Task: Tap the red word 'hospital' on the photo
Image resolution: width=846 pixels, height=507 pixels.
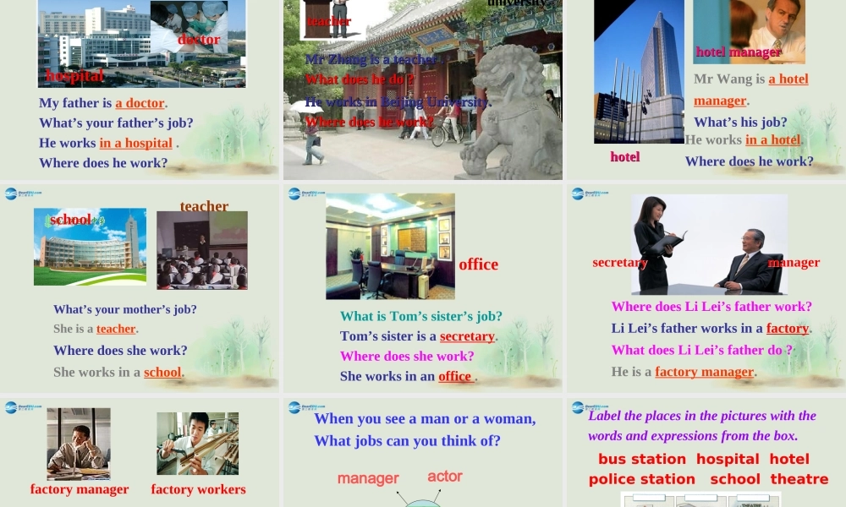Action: point(74,75)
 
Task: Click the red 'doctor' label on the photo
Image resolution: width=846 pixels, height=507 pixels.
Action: point(199,39)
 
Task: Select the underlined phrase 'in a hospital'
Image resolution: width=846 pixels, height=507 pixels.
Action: point(135,143)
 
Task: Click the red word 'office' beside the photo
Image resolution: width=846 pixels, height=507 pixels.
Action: point(479,264)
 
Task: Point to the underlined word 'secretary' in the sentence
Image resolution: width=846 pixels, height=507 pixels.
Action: point(467,335)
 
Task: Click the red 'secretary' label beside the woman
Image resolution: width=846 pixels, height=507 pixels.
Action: point(620,262)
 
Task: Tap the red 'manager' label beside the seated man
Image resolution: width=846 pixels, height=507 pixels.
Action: point(794,262)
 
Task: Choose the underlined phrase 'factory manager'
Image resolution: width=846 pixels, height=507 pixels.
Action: point(704,372)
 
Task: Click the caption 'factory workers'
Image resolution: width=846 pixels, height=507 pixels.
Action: point(198,489)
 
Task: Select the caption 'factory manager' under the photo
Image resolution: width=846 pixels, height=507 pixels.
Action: point(80,489)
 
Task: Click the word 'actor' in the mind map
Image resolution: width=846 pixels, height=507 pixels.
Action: point(445,476)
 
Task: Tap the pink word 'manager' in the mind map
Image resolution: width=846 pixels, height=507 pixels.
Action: point(368,478)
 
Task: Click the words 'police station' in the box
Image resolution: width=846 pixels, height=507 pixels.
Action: point(642,479)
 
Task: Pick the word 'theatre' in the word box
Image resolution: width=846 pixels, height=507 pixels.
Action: point(799,479)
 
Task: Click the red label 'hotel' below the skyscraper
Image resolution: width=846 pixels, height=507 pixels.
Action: point(625,156)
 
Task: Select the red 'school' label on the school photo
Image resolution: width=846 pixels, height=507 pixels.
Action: point(70,220)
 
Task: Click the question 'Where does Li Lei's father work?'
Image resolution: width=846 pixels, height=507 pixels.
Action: point(711,306)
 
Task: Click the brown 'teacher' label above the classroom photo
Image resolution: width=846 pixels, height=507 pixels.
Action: point(204,206)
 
